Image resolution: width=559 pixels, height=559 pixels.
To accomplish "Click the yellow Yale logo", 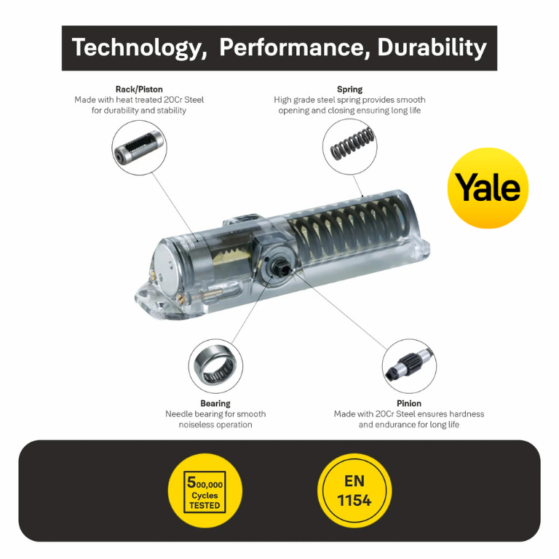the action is pyautogui.click(x=488, y=188).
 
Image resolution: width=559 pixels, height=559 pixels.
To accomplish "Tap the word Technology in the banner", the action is pyautogui.click(x=139, y=48).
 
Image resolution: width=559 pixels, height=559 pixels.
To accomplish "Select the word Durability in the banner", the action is pyautogui.click(x=432, y=48).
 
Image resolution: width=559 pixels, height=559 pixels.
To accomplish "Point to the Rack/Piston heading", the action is pyautogui.click(x=139, y=89).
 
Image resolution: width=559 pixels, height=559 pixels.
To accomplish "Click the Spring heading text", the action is pyautogui.click(x=349, y=89).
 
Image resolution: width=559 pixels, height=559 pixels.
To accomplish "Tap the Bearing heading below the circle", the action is pyautogui.click(x=215, y=403).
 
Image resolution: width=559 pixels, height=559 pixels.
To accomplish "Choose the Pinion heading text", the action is pyautogui.click(x=409, y=403).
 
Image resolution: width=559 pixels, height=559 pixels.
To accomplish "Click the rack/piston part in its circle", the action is pyautogui.click(x=139, y=147).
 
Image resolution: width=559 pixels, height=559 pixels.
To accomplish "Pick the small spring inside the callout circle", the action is pyautogui.click(x=352, y=143).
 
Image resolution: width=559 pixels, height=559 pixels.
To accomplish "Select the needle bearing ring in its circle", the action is pyautogui.click(x=215, y=367).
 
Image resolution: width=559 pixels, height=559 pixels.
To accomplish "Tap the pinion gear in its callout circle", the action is pyautogui.click(x=409, y=365).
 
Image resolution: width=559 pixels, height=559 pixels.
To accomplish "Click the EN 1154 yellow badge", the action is pyautogui.click(x=354, y=491).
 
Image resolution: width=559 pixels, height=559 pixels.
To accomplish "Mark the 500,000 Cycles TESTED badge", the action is pyautogui.click(x=205, y=491).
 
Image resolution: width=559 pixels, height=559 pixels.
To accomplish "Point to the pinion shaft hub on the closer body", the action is pyautogui.click(x=278, y=266).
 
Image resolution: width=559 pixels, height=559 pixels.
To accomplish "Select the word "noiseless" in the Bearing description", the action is pyautogui.click(x=196, y=424).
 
